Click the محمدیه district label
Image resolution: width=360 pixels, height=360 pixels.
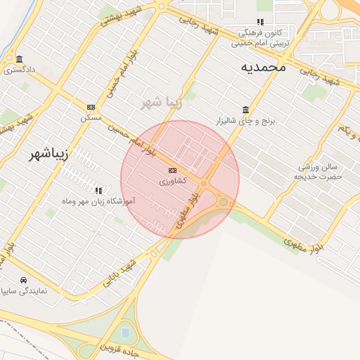pyautogui.click(x=263, y=67)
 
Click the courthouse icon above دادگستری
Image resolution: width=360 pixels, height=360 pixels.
pyautogui.click(x=19, y=59)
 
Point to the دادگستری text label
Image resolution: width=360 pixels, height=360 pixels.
pyautogui.click(x=19, y=70)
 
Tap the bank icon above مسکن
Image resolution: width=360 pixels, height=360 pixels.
pyautogui.click(x=91, y=107)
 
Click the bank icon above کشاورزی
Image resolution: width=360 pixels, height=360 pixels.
pyautogui.click(x=172, y=171)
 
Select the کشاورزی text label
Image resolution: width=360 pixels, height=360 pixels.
pyautogui.click(x=172, y=181)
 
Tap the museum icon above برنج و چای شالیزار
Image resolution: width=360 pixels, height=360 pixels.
pyautogui.click(x=245, y=110)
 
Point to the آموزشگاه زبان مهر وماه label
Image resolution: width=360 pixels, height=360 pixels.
pyautogui.click(x=99, y=201)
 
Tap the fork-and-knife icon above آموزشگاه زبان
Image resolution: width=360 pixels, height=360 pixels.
pyautogui.click(x=98, y=190)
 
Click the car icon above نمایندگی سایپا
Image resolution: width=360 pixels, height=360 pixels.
pyautogui.click(x=24, y=278)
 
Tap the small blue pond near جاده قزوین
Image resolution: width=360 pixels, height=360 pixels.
pyautogui.click(x=126, y=330)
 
